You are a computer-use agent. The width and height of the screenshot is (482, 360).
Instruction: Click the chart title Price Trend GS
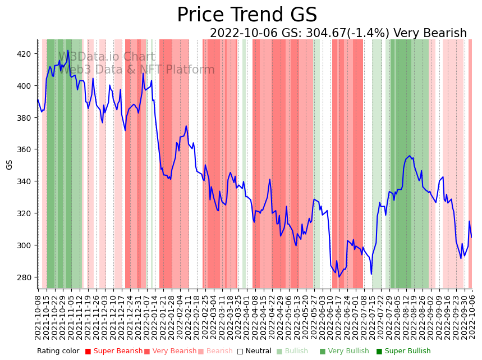pos(247,15)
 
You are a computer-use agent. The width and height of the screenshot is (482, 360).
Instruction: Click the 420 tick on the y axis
pos(25,54)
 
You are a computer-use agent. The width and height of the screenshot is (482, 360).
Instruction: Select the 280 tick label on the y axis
pos(25,277)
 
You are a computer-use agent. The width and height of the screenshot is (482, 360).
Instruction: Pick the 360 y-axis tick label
pos(25,149)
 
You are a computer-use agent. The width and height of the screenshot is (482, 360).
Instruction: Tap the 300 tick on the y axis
pos(25,245)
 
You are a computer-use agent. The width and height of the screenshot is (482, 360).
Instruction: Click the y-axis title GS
pos(10,165)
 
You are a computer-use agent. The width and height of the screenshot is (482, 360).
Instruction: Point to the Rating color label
pos(58,352)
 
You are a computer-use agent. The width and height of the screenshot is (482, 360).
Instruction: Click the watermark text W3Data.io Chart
pos(107,57)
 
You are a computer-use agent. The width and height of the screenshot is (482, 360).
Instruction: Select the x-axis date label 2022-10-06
pos(472,317)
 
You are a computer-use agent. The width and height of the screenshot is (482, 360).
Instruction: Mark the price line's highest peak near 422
pos(68,51)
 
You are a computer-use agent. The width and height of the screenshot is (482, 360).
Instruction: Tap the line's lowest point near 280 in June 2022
pos(339,277)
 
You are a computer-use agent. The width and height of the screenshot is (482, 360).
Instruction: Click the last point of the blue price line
pos(471,237)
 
